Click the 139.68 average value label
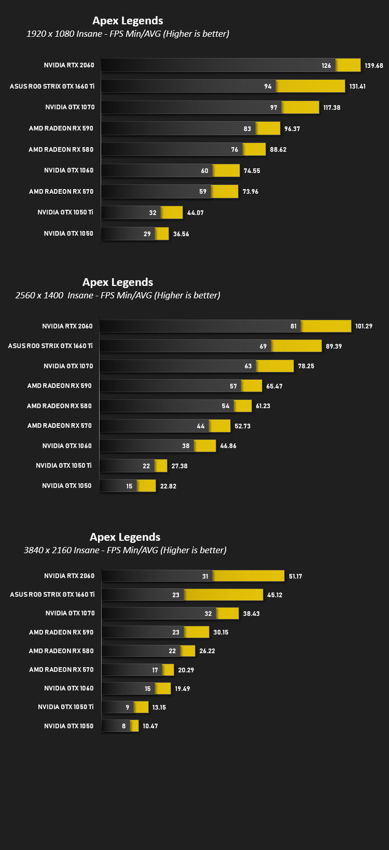click(x=374, y=66)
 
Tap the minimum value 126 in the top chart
click(x=326, y=66)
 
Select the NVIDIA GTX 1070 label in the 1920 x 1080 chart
click(x=70, y=107)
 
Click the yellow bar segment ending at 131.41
click(x=311, y=86)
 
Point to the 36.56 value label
click(x=181, y=234)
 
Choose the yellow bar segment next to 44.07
click(x=172, y=212)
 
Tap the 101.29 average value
click(x=364, y=326)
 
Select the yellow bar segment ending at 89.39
click(x=297, y=346)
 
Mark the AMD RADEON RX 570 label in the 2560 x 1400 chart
click(x=59, y=426)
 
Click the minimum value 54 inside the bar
click(x=226, y=406)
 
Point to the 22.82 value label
click(x=168, y=486)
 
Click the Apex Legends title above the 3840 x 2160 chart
click(x=125, y=537)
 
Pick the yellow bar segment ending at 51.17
click(x=249, y=576)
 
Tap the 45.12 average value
click(x=275, y=595)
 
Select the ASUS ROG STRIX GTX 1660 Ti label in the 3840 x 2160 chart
click(x=52, y=594)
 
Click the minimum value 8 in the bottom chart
click(x=124, y=726)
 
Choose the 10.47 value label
click(x=150, y=726)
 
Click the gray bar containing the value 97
click(x=191, y=107)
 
